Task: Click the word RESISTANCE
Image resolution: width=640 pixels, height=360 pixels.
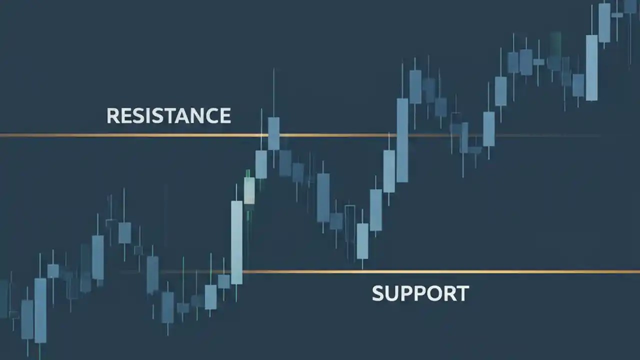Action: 168,115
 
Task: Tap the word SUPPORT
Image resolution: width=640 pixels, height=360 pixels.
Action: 420,293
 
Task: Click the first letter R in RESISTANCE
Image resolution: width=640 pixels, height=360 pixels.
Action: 113,115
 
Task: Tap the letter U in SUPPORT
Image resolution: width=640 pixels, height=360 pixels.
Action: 393,293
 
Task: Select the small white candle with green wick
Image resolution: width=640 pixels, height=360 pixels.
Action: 249,190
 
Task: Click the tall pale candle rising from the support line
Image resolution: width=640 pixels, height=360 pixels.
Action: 236,242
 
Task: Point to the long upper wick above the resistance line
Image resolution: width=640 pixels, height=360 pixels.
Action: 273,92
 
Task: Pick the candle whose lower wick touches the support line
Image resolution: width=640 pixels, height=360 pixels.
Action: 362,240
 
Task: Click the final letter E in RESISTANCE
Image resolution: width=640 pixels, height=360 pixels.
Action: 224,115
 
